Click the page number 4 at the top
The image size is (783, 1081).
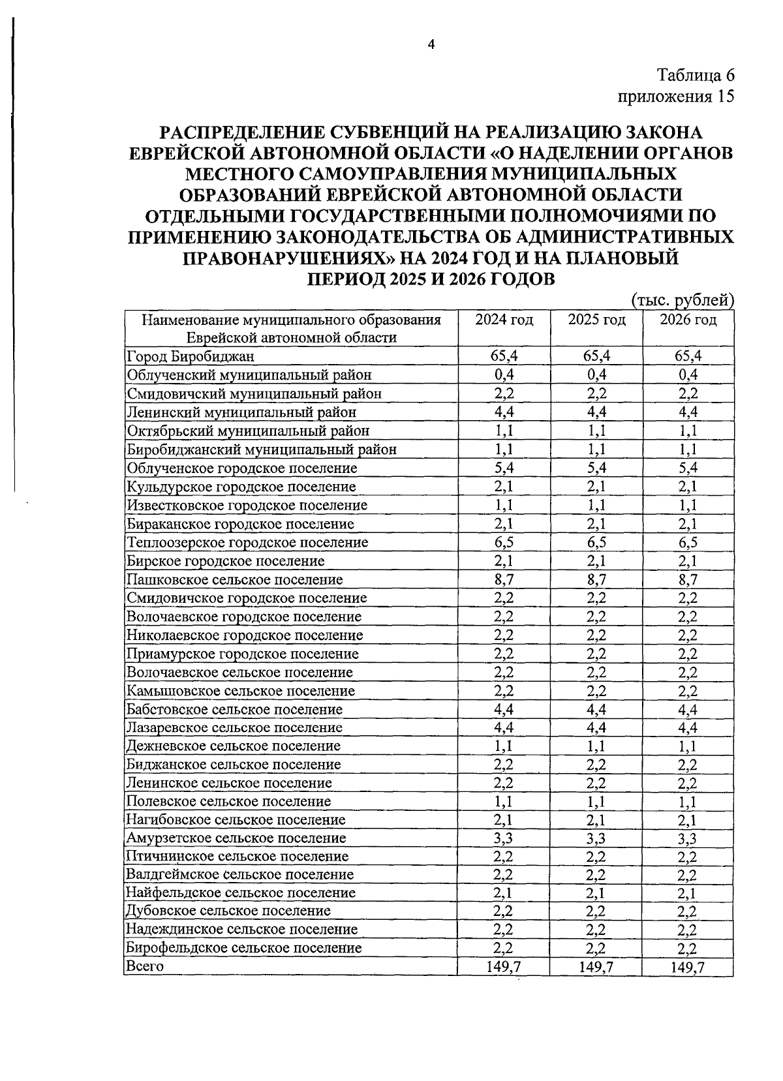coord(430,44)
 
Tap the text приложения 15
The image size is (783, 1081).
coord(676,97)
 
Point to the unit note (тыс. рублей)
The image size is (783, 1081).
coord(683,301)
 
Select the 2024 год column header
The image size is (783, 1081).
coord(504,320)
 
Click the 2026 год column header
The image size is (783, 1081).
coord(688,320)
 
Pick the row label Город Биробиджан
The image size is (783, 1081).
coord(191,356)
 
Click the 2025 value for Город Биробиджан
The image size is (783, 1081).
coord(596,356)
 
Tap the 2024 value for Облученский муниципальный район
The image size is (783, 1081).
coord(504,375)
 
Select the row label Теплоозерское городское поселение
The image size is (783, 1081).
coord(247,542)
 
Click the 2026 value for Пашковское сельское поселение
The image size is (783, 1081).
coord(688,579)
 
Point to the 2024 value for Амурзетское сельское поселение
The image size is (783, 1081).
coord(504,838)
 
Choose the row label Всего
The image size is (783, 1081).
coord(144,966)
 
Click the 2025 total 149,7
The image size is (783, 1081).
coord(596,967)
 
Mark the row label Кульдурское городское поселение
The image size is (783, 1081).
coord(241,487)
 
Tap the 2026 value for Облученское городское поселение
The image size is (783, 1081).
coord(688,468)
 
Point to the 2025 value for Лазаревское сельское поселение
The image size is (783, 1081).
coord(596,727)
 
